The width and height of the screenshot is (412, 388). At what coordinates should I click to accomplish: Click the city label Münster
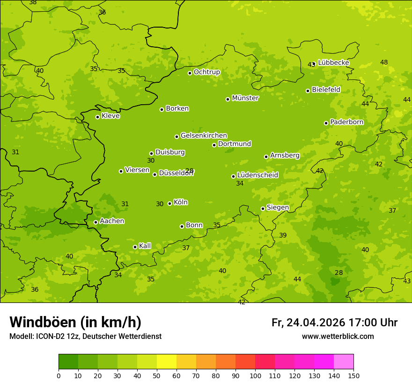pyautogui.click(x=245, y=98)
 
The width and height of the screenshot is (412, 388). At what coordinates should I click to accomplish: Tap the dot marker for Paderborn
pyautogui.click(x=326, y=123)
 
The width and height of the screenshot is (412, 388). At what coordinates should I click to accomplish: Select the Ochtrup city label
pyautogui.click(x=207, y=72)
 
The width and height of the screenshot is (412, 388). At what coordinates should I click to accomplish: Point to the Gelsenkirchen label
pyautogui.click(x=204, y=136)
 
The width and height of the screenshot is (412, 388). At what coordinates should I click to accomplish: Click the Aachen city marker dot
pyautogui.click(x=96, y=222)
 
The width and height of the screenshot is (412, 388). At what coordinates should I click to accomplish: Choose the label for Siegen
pyautogui.click(x=278, y=208)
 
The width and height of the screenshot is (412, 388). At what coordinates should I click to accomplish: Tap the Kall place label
pyautogui.click(x=145, y=246)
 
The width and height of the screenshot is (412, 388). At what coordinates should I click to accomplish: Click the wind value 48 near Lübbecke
pyautogui.click(x=384, y=62)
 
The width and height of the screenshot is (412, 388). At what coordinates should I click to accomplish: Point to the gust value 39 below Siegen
pyautogui.click(x=283, y=235)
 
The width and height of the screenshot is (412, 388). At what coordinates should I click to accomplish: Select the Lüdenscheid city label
pyautogui.click(x=257, y=175)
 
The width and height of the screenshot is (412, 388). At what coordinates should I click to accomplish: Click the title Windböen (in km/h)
pyautogui.click(x=75, y=322)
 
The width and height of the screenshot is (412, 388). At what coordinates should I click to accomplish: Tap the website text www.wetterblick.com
pyautogui.click(x=338, y=336)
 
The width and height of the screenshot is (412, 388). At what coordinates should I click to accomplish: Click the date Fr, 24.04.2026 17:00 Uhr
pyautogui.click(x=334, y=323)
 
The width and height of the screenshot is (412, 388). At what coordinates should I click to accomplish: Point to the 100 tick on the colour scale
pyautogui.click(x=255, y=375)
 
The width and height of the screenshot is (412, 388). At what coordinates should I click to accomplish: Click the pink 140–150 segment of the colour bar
pyautogui.click(x=344, y=362)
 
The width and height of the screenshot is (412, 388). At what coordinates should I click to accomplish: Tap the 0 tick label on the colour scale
pyautogui.click(x=59, y=375)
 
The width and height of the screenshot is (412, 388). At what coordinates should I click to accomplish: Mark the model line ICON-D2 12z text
pyautogui.click(x=85, y=336)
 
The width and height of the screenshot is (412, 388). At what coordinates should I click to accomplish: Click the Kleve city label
pyautogui.click(x=110, y=116)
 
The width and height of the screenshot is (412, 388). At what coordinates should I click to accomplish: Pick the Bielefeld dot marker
pyautogui.click(x=308, y=91)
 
